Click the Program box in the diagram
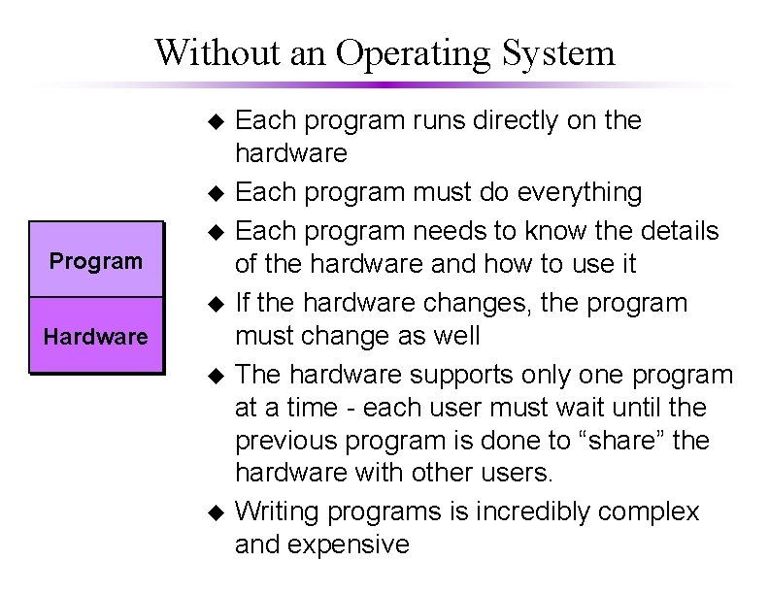tap(96, 261)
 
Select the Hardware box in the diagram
tap(96, 337)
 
